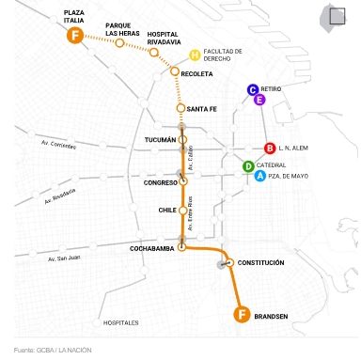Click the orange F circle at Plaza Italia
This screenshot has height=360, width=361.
[74, 36]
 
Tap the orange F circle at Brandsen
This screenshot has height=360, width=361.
[242, 313]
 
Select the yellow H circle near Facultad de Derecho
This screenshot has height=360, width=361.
[195, 55]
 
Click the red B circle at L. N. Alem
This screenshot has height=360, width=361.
[270, 148]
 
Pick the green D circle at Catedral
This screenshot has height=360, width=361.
[248, 166]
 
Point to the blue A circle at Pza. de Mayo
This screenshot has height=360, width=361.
[259, 175]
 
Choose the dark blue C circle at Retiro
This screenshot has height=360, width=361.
[253, 90]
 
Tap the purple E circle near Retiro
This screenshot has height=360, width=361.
[259, 99]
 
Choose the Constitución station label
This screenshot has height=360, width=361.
[260, 262]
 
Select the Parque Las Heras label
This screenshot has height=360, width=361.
[123, 29]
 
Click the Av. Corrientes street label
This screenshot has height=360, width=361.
[60, 143]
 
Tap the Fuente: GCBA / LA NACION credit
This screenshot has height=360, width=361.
[53, 350]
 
